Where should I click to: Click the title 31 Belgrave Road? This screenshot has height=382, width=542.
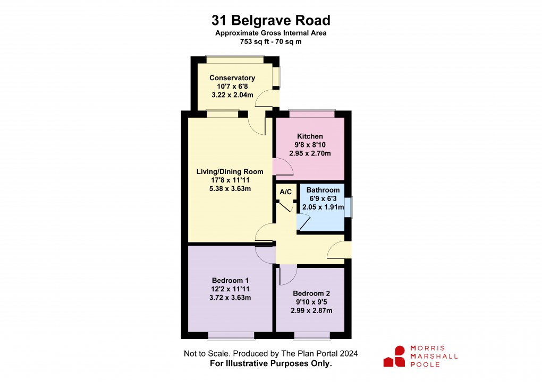click(271, 21)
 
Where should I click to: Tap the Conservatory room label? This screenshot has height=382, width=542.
click(232, 78)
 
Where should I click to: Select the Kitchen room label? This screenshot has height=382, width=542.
click(310, 136)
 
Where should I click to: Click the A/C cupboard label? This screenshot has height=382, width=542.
click(285, 192)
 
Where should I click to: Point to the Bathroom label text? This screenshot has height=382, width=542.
click(323, 190)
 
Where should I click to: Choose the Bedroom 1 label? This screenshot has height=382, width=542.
click(231, 280)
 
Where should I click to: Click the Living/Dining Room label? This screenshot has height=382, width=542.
click(230, 171)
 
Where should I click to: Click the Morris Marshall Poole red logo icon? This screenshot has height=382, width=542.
click(394, 356)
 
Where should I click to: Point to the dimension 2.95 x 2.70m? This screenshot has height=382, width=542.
click(310, 153)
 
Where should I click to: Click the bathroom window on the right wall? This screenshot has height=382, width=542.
click(348, 207)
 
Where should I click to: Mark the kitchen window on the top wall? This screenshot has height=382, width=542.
click(312, 113)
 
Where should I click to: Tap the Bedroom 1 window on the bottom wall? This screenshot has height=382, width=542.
click(231, 335)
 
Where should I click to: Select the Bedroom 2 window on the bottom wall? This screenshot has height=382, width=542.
click(311, 335)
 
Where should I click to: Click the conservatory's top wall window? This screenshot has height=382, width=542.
click(235, 60)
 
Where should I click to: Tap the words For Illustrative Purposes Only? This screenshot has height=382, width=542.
click(271, 363)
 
